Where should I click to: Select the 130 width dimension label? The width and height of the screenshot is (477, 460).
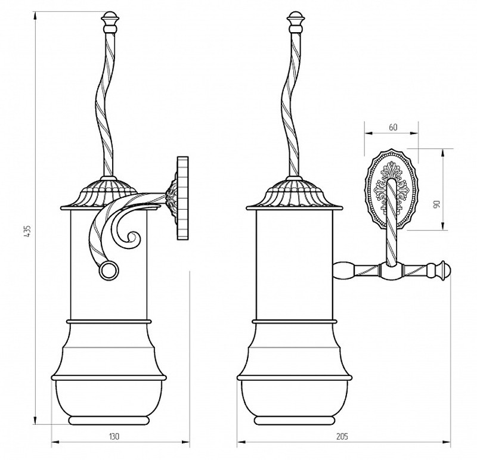(114, 437)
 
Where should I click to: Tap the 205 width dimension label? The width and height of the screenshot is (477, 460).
(342, 437)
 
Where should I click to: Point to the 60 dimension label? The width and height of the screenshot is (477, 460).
(393, 127)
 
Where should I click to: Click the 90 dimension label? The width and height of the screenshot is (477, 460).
(436, 204)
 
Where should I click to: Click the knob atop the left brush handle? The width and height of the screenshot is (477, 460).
(110, 22)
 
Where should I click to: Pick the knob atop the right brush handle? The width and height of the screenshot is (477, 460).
(295, 22)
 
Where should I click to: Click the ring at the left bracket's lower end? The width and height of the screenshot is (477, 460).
(109, 270)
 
